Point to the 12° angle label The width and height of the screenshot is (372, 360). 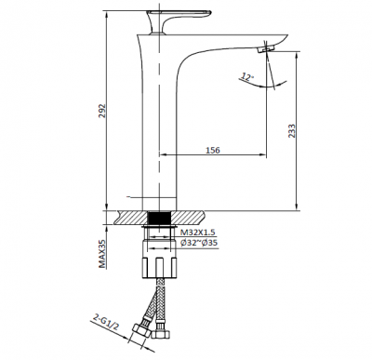pyautogui.click(x=246, y=77)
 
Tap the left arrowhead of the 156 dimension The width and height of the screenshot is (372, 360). pyautogui.click(x=165, y=153)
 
